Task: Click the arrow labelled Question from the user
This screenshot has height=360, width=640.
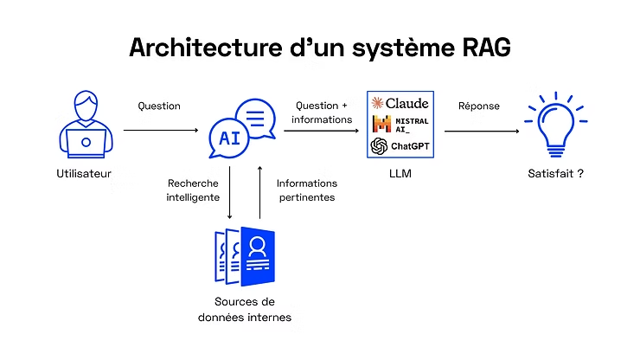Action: click(x=160, y=131)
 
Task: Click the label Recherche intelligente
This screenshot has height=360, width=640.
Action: click(x=192, y=190)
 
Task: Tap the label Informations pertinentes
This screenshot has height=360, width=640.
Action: click(x=306, y=190)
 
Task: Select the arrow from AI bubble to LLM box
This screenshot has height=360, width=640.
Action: click(x=321, y=131)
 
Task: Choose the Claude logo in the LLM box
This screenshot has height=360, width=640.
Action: click(x=400, y=103)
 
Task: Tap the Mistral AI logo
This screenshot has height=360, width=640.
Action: click(x=400, y=125)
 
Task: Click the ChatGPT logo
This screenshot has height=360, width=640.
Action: click(x=400, y=146)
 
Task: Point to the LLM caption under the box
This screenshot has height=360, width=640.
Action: click(x=399, y=174)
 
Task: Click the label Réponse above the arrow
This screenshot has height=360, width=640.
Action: click(x=479, y=106)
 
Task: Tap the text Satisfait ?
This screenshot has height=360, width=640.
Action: click(x=555, y=174)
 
